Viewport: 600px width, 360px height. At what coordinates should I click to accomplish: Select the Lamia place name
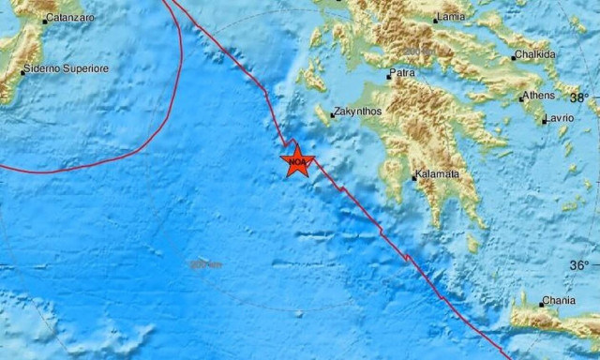point(455,18)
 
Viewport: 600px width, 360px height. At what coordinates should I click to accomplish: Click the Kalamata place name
point(440,175)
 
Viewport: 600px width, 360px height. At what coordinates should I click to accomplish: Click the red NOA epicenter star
point(297,162)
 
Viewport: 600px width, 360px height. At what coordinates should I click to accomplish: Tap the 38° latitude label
point(581,97)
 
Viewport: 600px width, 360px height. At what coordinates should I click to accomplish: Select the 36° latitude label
point(581,265)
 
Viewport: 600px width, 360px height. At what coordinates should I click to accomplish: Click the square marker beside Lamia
point(436,19)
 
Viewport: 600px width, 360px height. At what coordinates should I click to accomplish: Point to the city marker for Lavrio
point(545,119)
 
